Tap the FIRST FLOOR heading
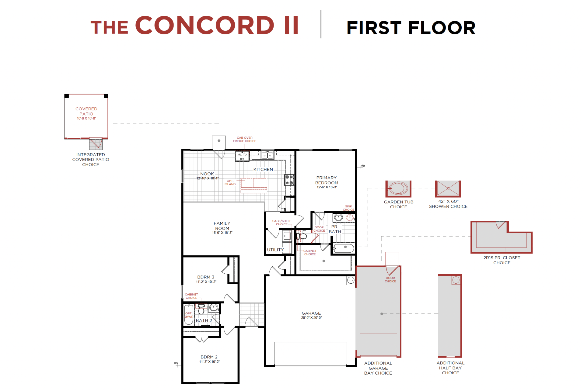[x=411, y=28]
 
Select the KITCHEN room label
[x=263, y=169]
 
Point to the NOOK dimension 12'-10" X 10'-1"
[x=207, y=178]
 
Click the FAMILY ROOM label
[x=222, y=226]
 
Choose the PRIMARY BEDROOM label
[x=327, y=180]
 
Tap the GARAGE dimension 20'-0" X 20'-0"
[x=311, y=318]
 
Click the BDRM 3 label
[x=206, y=277]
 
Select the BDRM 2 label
[x=209, y=357]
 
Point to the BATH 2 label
[x=204, y=320]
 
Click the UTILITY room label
[x=275, y=250]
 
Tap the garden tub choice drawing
[x=398, y=189]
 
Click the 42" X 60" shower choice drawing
[x=448, y=189]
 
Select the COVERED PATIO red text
[x=86, y=111]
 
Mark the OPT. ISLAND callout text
[x=230, y=182]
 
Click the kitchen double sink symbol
[x=268, y=155]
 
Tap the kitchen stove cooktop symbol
[x=289, y=180]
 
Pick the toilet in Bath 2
[x=201, y=310]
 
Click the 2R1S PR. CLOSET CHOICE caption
[x=502, y=260]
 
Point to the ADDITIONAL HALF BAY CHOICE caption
[x=450, y=368]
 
